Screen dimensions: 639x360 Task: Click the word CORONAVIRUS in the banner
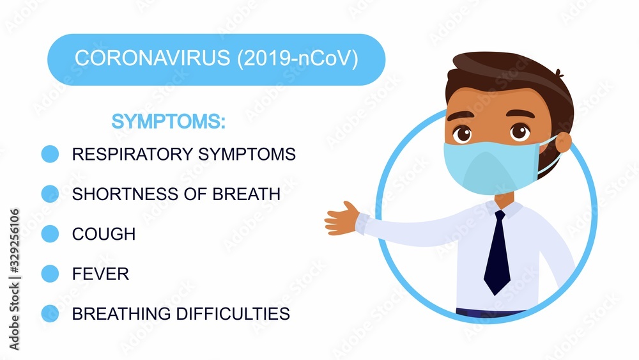coord(153,58)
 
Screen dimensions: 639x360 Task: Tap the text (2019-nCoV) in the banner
coord(298,58)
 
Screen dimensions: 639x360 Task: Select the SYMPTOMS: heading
coord(168,121)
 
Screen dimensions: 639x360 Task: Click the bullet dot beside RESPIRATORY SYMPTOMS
coord(50,154)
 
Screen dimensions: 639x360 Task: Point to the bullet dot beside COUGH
coord(50,234)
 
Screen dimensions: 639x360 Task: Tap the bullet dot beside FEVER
coord(50,274)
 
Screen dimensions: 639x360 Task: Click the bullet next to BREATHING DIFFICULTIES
coord(50,313)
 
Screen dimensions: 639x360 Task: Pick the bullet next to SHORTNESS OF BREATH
coord(50,194)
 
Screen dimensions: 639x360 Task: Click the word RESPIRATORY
coord(132,154)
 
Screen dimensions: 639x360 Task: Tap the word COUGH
coord(104,234)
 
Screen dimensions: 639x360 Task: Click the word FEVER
coord(100,274)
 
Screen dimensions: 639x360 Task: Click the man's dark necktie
coord(497,253)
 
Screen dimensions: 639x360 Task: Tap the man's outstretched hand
coord(341,219)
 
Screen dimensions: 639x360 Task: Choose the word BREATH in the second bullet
coord(246,194)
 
